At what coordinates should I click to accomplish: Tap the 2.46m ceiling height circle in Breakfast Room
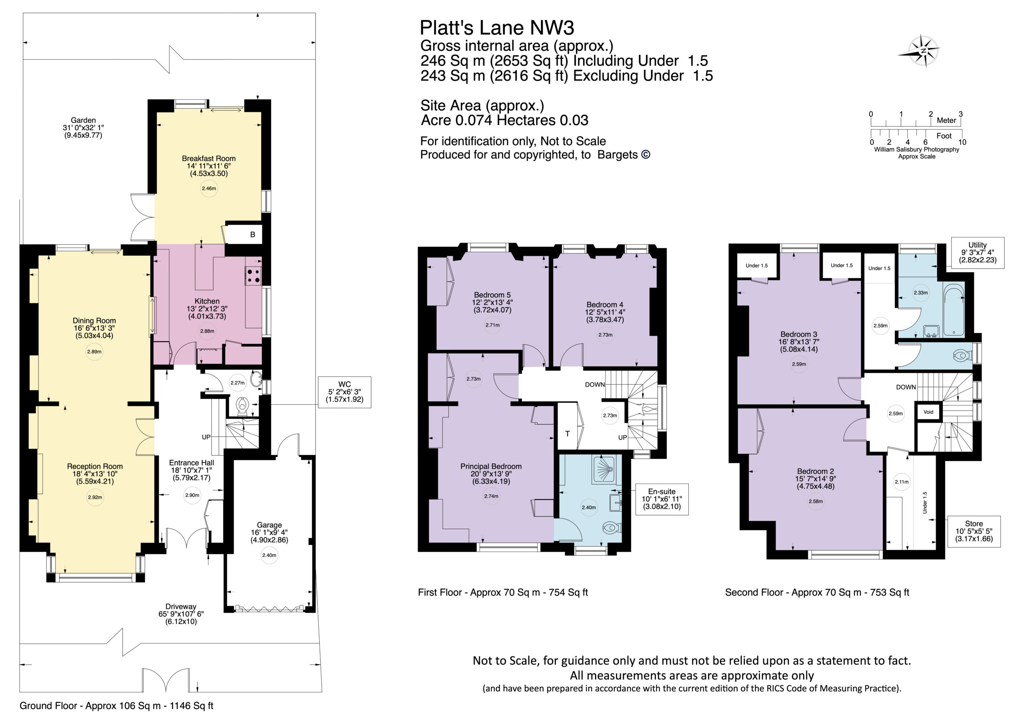click(x=209, y=189)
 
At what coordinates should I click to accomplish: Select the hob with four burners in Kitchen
click(x=254, y=275)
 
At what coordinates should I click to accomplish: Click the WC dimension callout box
click(x=344, y=392)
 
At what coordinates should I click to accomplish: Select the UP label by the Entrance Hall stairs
click(x=206, y=437)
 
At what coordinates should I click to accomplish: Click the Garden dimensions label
click(x=84, y=128)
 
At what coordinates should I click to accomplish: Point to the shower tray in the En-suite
click(x=606, y=469)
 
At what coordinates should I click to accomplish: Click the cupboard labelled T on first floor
click(x=567, y=433)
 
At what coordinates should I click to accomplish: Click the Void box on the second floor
click(x=928, y=412)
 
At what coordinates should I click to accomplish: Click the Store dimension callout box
click(x=974, y=531)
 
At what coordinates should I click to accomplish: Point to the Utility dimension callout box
click(x=977, y=252)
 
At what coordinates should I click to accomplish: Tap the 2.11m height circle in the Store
click(x=901, y=482)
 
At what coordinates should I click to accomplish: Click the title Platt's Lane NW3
click(x=497, y=28)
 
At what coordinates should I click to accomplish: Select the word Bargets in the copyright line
click(x=617, y=155)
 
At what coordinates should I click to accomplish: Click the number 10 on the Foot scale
click(x=962, y=142)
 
